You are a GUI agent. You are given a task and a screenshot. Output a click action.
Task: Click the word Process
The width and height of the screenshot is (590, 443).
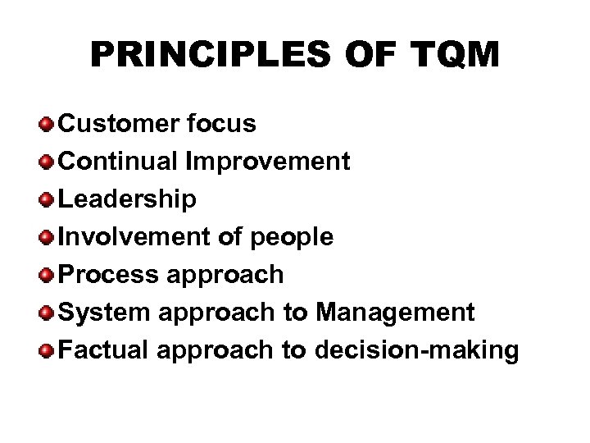[111, 275]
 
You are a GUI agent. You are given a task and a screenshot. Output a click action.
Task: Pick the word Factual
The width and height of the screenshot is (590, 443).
[108, 350]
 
